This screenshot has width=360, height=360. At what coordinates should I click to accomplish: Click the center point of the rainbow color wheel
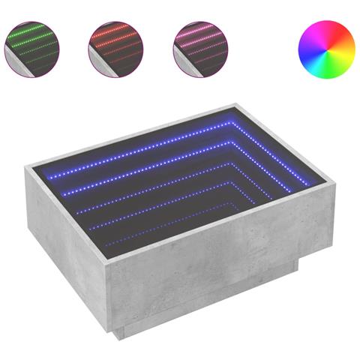tap(326, 46)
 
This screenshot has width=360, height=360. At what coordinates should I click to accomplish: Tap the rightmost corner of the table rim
tap(334, 181)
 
